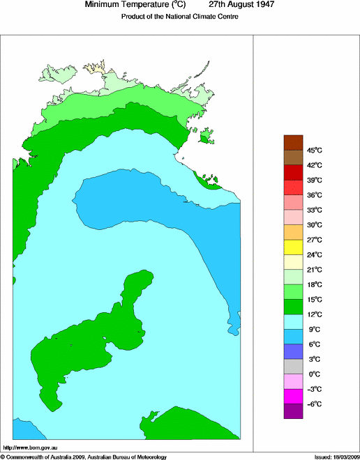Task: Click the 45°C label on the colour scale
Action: (x=315, y=150)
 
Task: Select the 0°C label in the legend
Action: (x=314, y=374)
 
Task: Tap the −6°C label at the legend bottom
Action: (x=314, y=404)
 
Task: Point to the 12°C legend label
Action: (x=315, y=314)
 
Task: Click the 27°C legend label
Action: (x=315, y=240)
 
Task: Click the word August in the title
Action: (x=234, y=5)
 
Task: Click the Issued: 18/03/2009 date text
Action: (x=335, y=457)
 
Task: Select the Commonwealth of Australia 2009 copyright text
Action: (x=84, y=457)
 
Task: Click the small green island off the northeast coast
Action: (x=205, y=139)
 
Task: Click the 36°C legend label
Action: (x=315, y=195)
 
